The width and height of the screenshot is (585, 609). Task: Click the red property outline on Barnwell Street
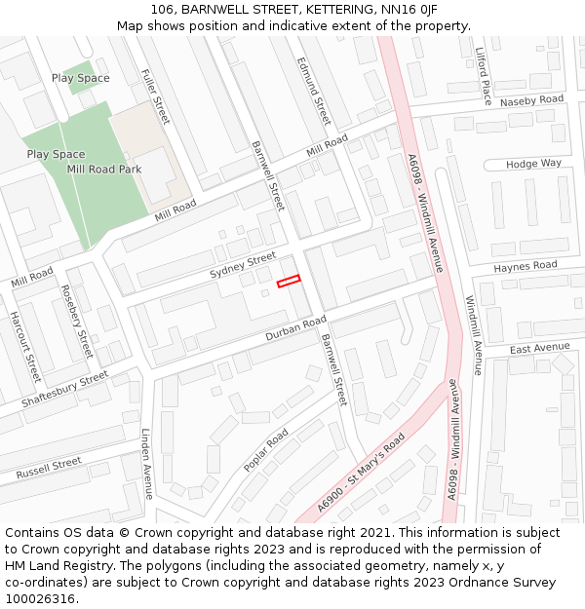pos(289,282)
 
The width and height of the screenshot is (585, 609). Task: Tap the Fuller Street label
pos(155,95)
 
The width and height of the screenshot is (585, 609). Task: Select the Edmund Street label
pos(314,90)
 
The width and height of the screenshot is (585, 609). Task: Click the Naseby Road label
pos(531,100)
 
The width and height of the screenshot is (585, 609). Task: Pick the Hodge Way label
pos(533,164)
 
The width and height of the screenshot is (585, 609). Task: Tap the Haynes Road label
pos(525,266)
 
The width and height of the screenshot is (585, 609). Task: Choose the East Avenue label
pos(539,348)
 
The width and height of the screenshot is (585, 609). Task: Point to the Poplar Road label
pos(265,449)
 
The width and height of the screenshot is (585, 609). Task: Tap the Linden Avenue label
pos(147,464)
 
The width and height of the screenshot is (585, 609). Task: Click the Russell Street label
pos(48,469)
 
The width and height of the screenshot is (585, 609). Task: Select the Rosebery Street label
pos(77,322)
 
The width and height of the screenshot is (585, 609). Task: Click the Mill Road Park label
pos(104,170)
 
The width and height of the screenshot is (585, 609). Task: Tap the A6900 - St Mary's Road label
pos(362,474)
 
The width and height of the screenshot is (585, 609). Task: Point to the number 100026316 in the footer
pos(40,599)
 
